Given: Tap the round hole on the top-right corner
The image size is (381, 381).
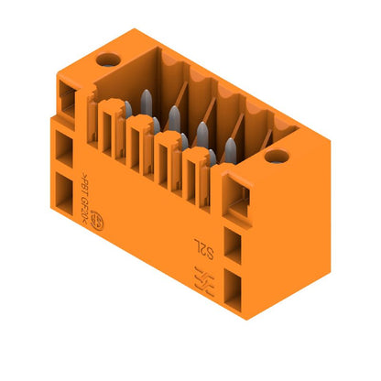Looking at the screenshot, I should click(272, 156).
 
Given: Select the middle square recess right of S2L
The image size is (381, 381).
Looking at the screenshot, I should click(233, 244).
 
